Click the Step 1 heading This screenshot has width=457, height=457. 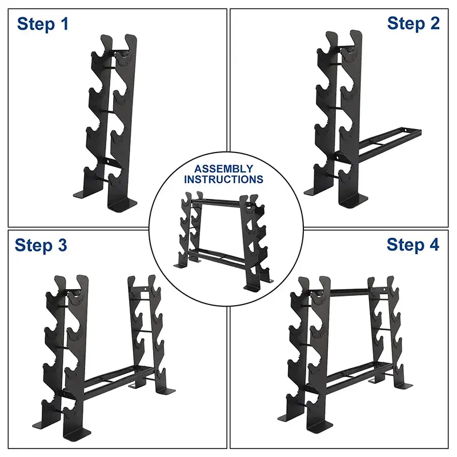click(43, 24)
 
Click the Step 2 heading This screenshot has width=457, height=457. click(413, 23)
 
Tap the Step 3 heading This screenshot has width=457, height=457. click(41, 245)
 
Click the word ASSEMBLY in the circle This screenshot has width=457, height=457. click(223, 169)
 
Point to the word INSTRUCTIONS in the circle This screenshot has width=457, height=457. click(223, 179)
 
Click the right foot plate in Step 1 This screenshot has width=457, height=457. click(123, 204)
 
